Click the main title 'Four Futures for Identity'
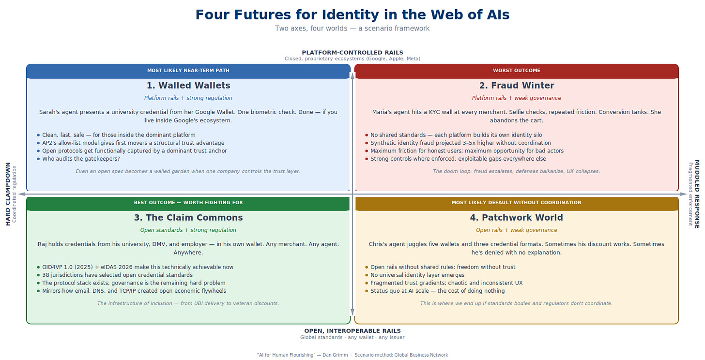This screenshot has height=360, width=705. (x=352, y=15)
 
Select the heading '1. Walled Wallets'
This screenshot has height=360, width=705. (x=188, y=86)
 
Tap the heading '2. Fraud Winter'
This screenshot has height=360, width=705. (x=516, y=86)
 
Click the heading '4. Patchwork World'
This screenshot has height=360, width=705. (x=516, y=218)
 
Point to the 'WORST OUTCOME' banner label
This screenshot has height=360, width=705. (x=516, y=71)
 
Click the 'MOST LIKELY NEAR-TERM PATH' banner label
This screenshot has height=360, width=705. (x=188, y=71)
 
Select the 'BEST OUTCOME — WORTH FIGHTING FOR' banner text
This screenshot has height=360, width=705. (x=188, y=203)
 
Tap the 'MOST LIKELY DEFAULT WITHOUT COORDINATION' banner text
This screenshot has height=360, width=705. (x=516, y=203)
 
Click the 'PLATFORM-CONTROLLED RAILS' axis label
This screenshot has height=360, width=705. (x=352, y=53)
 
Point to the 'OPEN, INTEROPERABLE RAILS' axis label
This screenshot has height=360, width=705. (x=352, y=331)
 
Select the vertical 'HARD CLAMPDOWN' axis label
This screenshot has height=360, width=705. (x=8, y=194)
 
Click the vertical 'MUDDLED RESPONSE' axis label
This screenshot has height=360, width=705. (x=697, y=194)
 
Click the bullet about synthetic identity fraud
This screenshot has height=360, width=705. (x=460, y=143)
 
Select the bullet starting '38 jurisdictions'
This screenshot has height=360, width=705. (x=117, y=275)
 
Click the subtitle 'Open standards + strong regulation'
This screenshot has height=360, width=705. (x=188, y=230)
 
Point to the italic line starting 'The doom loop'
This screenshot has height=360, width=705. (x=516, y=171)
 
